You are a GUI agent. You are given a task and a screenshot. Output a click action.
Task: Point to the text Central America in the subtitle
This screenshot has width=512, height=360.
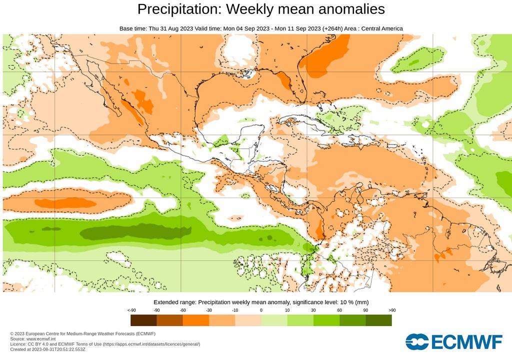tap(381, 28)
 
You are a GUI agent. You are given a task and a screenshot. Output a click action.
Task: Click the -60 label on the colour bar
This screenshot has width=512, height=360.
tap(182, 310)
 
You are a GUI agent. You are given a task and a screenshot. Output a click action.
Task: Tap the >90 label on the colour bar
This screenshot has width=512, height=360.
tap(391, 310)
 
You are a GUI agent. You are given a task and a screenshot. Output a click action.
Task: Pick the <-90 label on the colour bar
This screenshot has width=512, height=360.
tap(131, 310)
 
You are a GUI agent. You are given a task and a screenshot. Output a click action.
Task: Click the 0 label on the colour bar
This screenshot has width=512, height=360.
tap(261, 310)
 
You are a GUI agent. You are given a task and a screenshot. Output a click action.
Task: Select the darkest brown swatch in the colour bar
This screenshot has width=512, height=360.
tap(143, 320)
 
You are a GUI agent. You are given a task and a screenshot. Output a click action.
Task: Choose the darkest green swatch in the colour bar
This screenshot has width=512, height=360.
tap(378, 320)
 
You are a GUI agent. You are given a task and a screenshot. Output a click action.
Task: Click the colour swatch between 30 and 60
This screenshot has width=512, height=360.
tap(326, 320)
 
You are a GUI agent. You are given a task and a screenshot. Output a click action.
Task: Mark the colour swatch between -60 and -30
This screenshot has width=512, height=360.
tap(195, 320)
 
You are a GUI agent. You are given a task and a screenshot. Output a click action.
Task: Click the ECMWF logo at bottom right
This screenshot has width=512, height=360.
tap(453, 341)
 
